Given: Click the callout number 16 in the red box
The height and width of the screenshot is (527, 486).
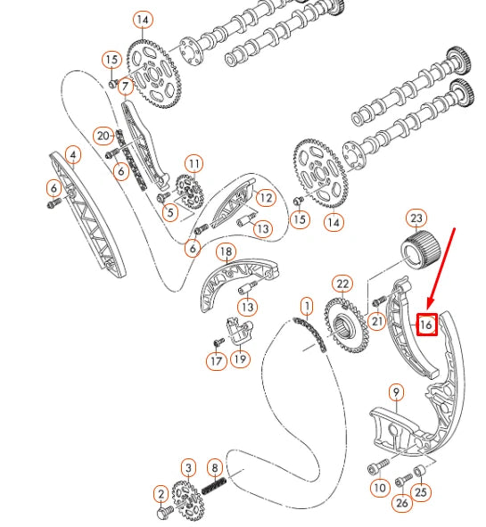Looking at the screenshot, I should click(x=427, y=325).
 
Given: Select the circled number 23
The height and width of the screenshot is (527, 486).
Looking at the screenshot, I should click(x=416, y=218).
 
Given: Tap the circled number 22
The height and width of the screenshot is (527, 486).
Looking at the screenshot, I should click(x=342, y=284).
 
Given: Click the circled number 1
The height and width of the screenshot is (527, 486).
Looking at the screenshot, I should click(x=307, y=306).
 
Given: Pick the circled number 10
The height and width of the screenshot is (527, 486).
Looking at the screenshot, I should click(x=380, y=488).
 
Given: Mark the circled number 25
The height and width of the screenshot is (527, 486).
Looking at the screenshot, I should click(x=422, y=490).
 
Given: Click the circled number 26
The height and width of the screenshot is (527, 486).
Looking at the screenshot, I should click(x=401, y=502).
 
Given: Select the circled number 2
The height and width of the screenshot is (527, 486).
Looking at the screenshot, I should click(x=161, y=493).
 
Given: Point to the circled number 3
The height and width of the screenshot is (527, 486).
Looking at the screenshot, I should click(x=188, y=467).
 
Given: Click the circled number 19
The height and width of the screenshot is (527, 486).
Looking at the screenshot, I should click(x=240, y=359).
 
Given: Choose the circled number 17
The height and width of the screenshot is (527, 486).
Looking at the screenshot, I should click(x=215, y=360).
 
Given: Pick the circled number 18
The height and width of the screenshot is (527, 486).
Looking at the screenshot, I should click(x=227, y=252).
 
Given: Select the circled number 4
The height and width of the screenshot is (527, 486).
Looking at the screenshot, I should click(x=74, y=155).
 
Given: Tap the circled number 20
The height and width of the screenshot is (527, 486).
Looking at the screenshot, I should click(x=103, y=136).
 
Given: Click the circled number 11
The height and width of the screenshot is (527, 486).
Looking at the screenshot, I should click(x=194, y=163).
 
